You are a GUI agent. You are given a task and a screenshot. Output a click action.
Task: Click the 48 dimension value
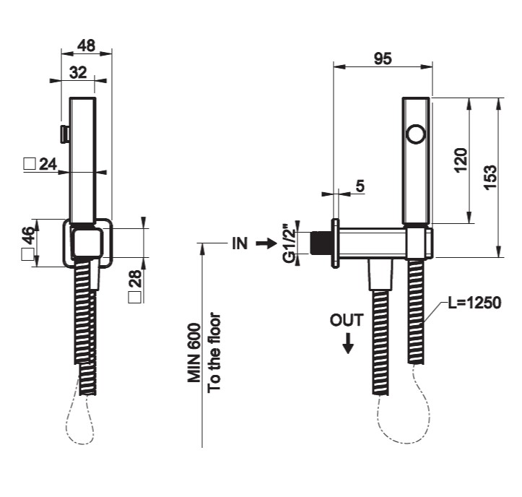[x=87, y=46]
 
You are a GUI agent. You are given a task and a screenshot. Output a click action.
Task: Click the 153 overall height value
[x=490, y=176]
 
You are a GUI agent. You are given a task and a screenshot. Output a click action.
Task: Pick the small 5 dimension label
[x=360, y=186]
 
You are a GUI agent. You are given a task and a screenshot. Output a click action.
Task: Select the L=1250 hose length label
[x=474, y=303]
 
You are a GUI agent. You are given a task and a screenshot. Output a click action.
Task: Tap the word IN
[x=240, y=243]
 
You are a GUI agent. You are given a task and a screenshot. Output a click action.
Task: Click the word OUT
[x=347, y=320]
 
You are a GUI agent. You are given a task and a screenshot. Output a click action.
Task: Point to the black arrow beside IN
[x=266, y=243]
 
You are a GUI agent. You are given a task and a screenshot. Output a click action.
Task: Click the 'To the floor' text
[x=214, y=353]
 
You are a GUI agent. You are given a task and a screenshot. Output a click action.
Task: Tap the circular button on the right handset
[x=417, y=134]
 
